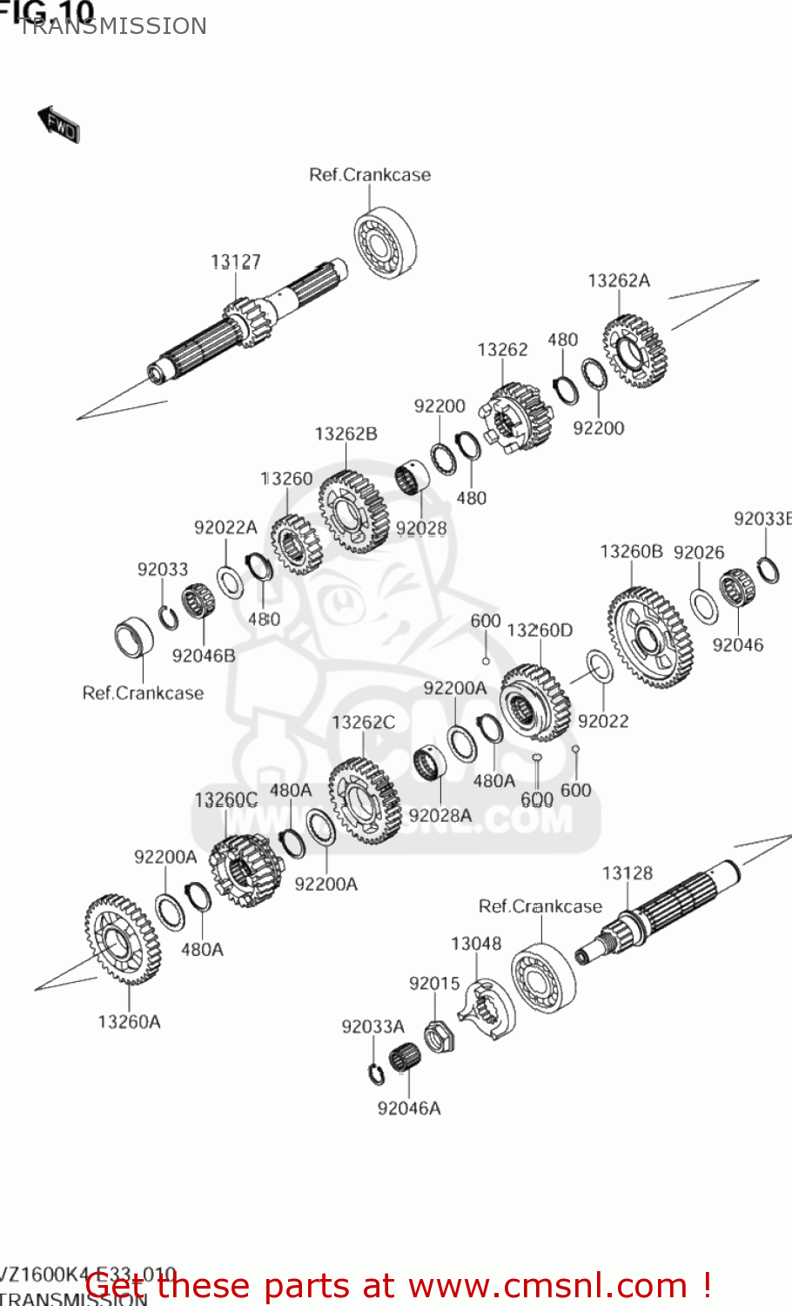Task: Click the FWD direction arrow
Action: pyautogui.click(x=58, y=125)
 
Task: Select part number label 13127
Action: pyautogui.click(x=235, y=261)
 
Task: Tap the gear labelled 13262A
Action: pyautogui.click(x=634, y=352)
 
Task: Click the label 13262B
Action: pyautogui.click(x=346, y=434)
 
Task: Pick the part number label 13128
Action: pyautogui.click(x=627, y=872)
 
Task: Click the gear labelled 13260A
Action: pyautogui.click(x=123, y=939)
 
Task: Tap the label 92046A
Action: pyautogui.click(x=408, y=1108)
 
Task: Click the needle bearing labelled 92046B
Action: pyautogui.click(x=198, y=602)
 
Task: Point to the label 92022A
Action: pyautogui.click(x=225, y=527)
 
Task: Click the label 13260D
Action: pyautogui.click(x=540, y=629)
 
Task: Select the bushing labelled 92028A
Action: pyautogui.click(x=429, y=763)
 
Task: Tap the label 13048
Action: pyautogui.click(x=475, y=943)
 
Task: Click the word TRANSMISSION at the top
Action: pyautogui.click(x=113, y=26)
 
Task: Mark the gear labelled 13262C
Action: pyautogui.click(x=364, y=801)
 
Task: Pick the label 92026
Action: pyautogui.click(x=698, y=552)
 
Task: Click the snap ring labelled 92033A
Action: pyautogui.click(x=376, y=1074)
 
